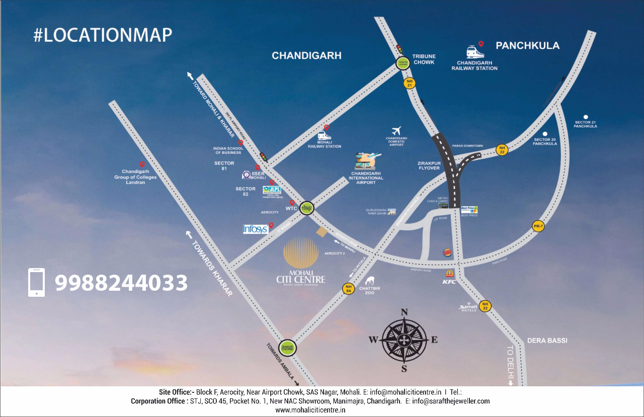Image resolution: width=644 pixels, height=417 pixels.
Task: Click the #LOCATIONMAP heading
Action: click(x=103, y=35)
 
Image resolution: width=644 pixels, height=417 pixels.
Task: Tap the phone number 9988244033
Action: click(x=121, y=283)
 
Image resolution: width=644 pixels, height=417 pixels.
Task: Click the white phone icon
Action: click(x=36, y=282)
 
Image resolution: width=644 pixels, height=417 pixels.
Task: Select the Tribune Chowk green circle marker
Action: click(x=403, y=63)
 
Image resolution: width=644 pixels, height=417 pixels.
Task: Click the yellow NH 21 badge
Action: click(x=410, y=84)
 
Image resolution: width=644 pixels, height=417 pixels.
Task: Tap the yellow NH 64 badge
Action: click(x=348, y=289)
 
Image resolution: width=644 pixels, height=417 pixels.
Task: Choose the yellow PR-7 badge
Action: click(x=538, y=226)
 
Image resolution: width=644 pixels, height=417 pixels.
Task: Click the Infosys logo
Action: click(x=255, y=229)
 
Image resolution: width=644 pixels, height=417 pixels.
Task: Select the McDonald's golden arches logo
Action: click(x=449, y=273)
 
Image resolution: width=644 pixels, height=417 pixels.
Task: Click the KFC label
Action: click(x=449, y=282)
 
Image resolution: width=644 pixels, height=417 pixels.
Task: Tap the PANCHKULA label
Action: click(x=527, y=46)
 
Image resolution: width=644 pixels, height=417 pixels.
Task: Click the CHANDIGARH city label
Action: click(x=306, y=55)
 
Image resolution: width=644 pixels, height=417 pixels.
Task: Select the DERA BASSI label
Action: click(x=547, y=341)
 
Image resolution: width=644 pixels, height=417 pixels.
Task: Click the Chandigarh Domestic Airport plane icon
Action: click(x=396, y=130)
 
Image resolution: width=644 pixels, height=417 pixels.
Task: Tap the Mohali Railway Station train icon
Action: click(x=324, y=135)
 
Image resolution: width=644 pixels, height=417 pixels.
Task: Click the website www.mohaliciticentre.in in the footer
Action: click(x=310, y=410)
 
